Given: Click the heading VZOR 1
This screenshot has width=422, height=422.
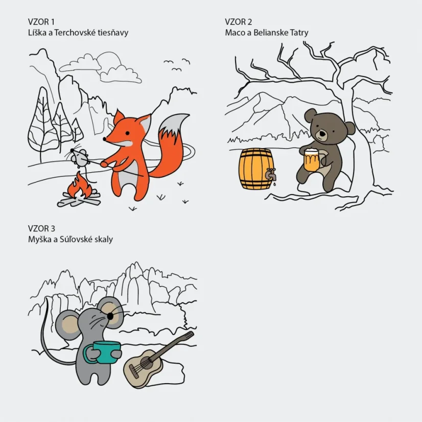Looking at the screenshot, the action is pyautogui.click(x=41, y=22).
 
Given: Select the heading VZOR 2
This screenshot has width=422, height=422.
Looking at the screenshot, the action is pyautogui.click(x=239, y=22).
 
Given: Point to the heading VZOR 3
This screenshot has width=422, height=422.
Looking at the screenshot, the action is pyautogui.click(x=41, y=228).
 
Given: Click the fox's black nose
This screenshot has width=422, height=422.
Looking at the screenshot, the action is pyautogui.click(x=104, y=139).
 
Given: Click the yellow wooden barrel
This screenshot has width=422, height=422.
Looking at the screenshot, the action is pyautogui.click(x=255, y=169).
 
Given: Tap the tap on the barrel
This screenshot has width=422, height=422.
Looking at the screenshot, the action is pyautogui.click(x=271, y=174).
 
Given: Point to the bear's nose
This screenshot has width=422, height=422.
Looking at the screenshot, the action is pyautogui.click(x=322, y=133).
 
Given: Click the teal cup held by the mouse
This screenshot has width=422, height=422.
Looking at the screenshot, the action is pyautogui.click(x=104, y=352).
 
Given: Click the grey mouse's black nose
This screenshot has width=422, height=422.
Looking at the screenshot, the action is pyautogui.click(x=110, y=317).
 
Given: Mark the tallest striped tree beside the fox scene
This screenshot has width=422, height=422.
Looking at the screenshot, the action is pyautogui.click(x=42, y=124).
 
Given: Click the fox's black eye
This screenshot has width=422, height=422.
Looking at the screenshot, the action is pyautogui.click(x=127, y=133).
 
